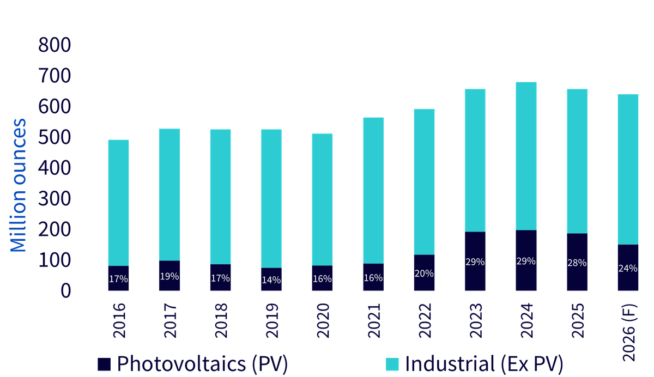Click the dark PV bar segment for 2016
118,278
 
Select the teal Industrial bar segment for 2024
526,156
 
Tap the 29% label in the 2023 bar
475,262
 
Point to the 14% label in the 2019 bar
271,280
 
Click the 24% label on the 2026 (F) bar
628,268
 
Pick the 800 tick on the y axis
55,45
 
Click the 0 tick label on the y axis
66,290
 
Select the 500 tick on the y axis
55,137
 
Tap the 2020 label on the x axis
323,320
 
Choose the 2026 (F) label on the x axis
628,333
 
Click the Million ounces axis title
18,185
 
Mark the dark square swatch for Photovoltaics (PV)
104,364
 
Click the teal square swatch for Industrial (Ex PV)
392,364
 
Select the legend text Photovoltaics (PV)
202,364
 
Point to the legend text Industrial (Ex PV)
485,364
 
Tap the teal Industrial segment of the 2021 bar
373,191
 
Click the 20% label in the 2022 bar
424,273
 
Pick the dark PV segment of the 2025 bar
577,262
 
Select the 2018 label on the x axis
221,320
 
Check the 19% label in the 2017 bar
169,276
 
